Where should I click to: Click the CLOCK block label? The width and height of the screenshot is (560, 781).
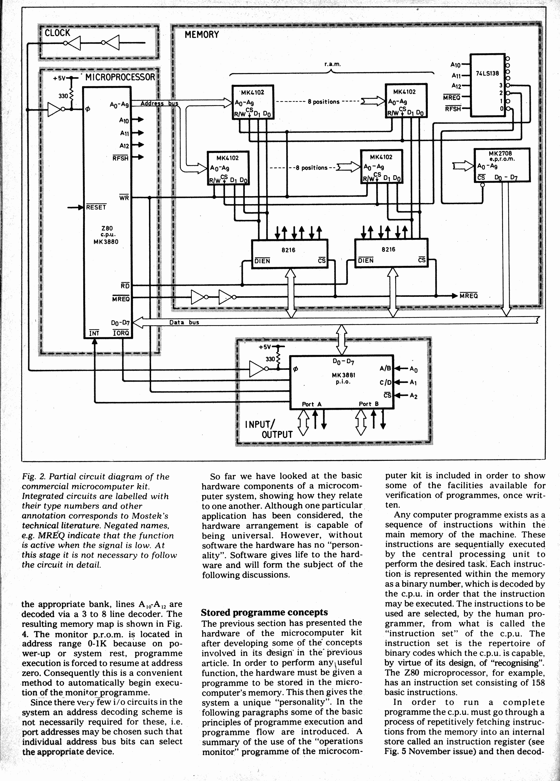pyautogui.click(x=57, y=33)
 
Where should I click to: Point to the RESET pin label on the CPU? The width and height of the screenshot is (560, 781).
pyautogui.click(x=96, y=207)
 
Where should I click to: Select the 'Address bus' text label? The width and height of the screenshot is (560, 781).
pyautogui.click(x=159, y=103)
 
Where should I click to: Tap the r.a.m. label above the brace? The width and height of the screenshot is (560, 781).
pyautogui.click(x=332, y=64)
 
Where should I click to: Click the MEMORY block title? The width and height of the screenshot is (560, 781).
pyautogui.click(x=201, y=35)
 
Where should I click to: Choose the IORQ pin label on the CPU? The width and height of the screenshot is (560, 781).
pyautogui.click(x=121, y=333)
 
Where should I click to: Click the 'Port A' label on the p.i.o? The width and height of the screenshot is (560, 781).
pyautogui.click(x=311, y=404)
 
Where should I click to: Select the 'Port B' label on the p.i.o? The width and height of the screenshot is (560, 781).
pyautogui.click(x=369, y=404)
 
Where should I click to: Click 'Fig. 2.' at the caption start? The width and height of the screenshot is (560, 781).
pyautogui.click(x=33, y=477)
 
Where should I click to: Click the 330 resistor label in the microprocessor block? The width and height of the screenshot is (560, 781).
pyautogui.click(x=63, y=96)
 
